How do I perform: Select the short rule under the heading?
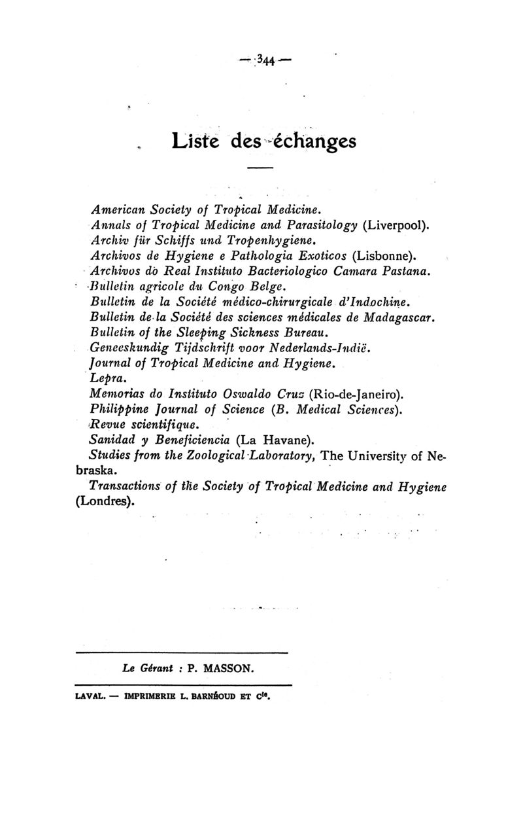[x=260, y=170]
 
